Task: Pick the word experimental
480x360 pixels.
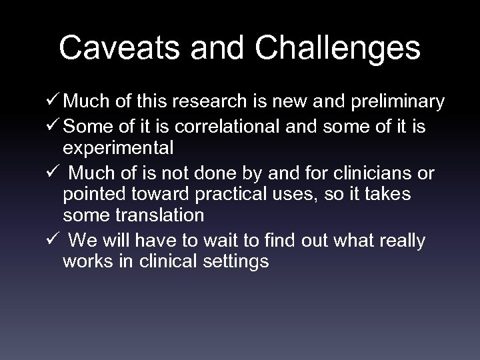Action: point(118,147)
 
